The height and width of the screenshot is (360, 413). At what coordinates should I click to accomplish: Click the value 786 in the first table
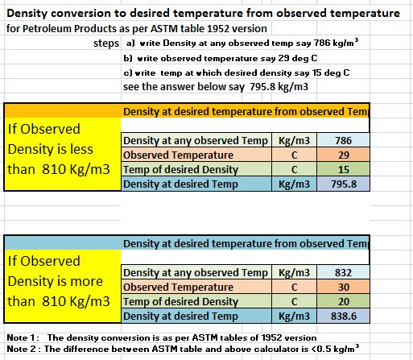(x=343, y=140)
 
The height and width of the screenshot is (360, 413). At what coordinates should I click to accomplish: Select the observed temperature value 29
(x=343, y=155)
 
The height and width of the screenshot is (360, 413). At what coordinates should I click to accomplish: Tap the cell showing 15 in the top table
(x=343, y=169)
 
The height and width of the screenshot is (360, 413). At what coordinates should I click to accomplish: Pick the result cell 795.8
(x=343, y=184)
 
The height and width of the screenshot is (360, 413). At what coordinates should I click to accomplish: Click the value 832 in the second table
(x=343, y=272)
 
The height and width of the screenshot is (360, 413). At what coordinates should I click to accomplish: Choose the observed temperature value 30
(x=343, y=287)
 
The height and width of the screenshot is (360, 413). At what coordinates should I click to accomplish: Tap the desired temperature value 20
(x=343, y=301)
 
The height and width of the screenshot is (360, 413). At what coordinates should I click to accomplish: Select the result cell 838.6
(x=343, y=316)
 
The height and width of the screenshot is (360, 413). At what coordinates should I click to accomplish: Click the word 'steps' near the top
(x=106, y=43)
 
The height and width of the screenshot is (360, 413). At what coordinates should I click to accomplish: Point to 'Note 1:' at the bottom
(x=23, y=337)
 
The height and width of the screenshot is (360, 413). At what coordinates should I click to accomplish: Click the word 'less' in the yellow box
(x=81, y=149)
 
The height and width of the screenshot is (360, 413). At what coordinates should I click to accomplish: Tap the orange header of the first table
(x=187, y=111)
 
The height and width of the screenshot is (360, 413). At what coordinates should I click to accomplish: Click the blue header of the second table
(x=187, y=243)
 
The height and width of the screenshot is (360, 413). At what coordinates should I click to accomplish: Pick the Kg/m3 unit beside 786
(x=294, y=141)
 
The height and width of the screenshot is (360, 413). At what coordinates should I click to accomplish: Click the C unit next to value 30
(x=294, y=288)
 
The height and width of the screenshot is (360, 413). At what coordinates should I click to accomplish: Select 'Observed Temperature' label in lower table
(x=178, y=288)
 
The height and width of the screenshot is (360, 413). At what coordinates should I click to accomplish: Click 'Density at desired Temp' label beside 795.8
(x=180, y=184)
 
